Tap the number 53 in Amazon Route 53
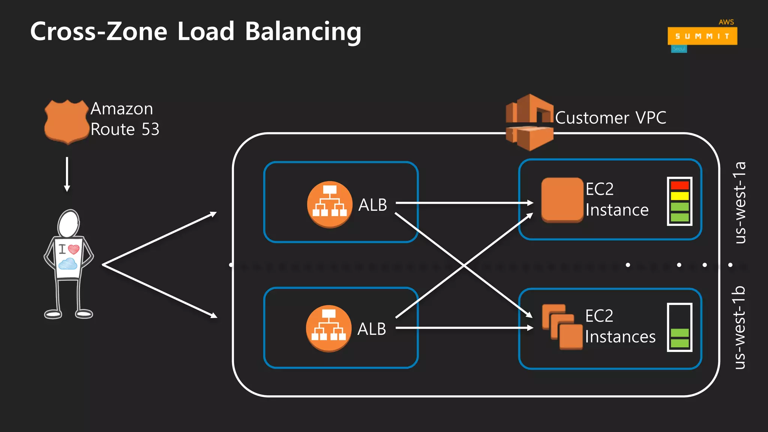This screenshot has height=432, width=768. click(x=150, y=129)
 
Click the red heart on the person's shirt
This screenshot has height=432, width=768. click(x=74, y=249)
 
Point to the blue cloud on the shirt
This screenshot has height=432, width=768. click(x=68, y=264)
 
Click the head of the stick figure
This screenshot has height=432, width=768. click(x=69, y=224)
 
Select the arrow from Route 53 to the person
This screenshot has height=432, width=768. click(x=67, y=174)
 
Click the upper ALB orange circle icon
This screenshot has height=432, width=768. click(x=329, y=204)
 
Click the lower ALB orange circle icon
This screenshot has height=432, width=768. click(x=328, y=328)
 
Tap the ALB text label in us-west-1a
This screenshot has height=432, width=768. click(x=372, y=205)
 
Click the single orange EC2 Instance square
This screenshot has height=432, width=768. click(x=562, y=200)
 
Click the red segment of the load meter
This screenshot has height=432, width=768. click(x=679, y=185)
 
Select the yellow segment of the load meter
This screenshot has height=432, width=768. click(x=679, y=196)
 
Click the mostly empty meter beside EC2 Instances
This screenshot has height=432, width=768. click(x=679, y=327)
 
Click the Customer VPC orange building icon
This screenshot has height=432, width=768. click(x=529, y=122)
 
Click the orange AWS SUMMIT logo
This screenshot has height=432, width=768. click(x=702, y=36)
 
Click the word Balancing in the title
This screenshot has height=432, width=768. click(x=303, y=31)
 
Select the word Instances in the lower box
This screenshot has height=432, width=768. click(x=620, y=337)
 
